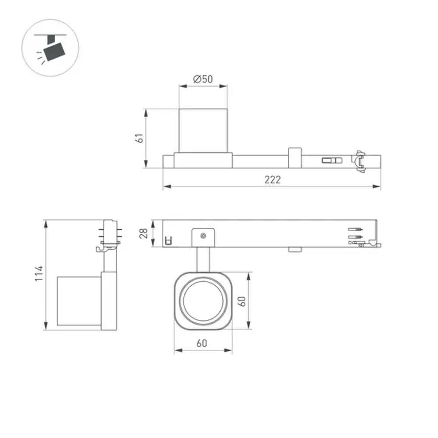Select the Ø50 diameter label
[x=203, y=79]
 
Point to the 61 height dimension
[x=139, y=138]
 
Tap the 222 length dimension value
[x=272, y=180]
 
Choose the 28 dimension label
[x=144, y=233]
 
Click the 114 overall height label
[x=39, y=274]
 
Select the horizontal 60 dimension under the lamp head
[x=201, y=343]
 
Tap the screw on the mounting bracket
[x=203, y=236]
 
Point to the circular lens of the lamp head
[x=203, y=300]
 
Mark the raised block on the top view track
[x=294, y=158]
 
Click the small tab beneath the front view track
[x=295, y=250]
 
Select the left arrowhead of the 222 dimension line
[x=166, y=187]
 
